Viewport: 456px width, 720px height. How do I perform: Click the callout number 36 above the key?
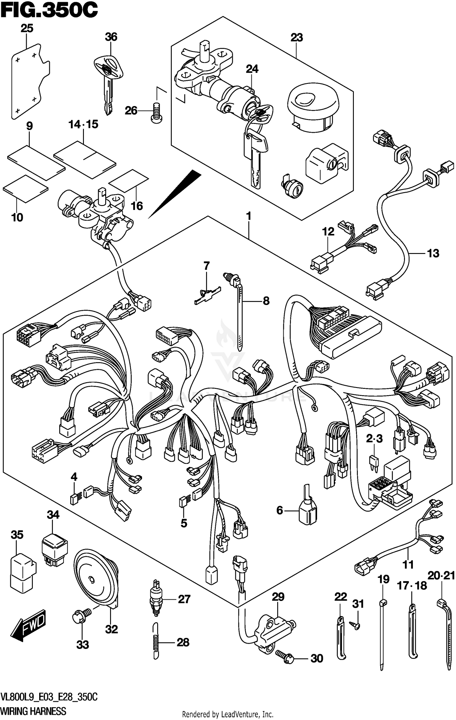click(x=111, y=37)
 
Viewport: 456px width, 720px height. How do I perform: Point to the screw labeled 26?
click(x=157, y=112)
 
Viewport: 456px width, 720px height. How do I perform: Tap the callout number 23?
click(x=297, y=38)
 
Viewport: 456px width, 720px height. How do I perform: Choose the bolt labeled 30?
click(x=285, y=656)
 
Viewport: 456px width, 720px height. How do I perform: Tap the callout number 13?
click(x=433, y=253)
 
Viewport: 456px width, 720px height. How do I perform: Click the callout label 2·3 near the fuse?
click(x=374, y=439)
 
